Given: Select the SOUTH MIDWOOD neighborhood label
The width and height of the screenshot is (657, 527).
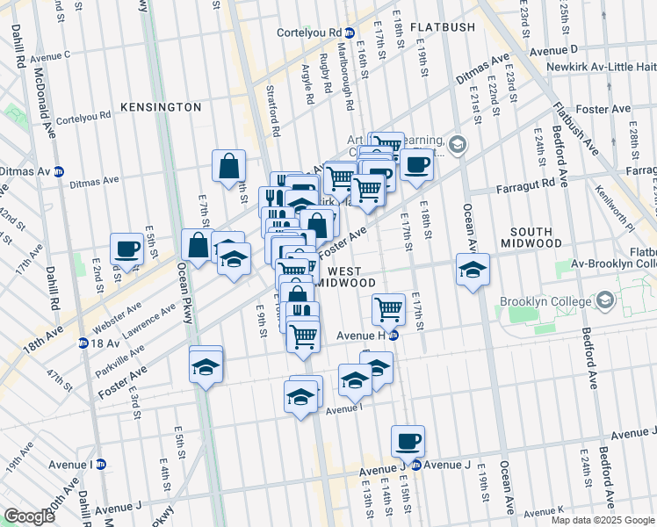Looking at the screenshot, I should (x=544, y=242).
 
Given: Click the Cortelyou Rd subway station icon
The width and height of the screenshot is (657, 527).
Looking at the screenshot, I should (x=349, y=33).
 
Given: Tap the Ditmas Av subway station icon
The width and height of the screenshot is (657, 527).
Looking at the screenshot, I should (x=59, y=170).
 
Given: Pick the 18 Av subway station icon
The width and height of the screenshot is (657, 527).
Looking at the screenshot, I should (x=84, y=343).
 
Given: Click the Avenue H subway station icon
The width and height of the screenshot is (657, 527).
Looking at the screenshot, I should (x=393, y=335).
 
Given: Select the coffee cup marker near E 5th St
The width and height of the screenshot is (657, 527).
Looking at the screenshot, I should (x=126, y=249).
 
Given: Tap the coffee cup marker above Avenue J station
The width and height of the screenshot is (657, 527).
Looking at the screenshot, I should (x=408, y=441).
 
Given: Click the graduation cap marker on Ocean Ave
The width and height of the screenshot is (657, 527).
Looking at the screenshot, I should (x=473, y=270).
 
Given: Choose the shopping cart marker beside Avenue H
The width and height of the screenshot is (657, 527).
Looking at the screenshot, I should (x=388, y=308).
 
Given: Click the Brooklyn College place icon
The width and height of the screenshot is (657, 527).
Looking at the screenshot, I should (x=604, y=301).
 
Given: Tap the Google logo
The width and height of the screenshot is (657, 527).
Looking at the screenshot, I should (x=29, y=516).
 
